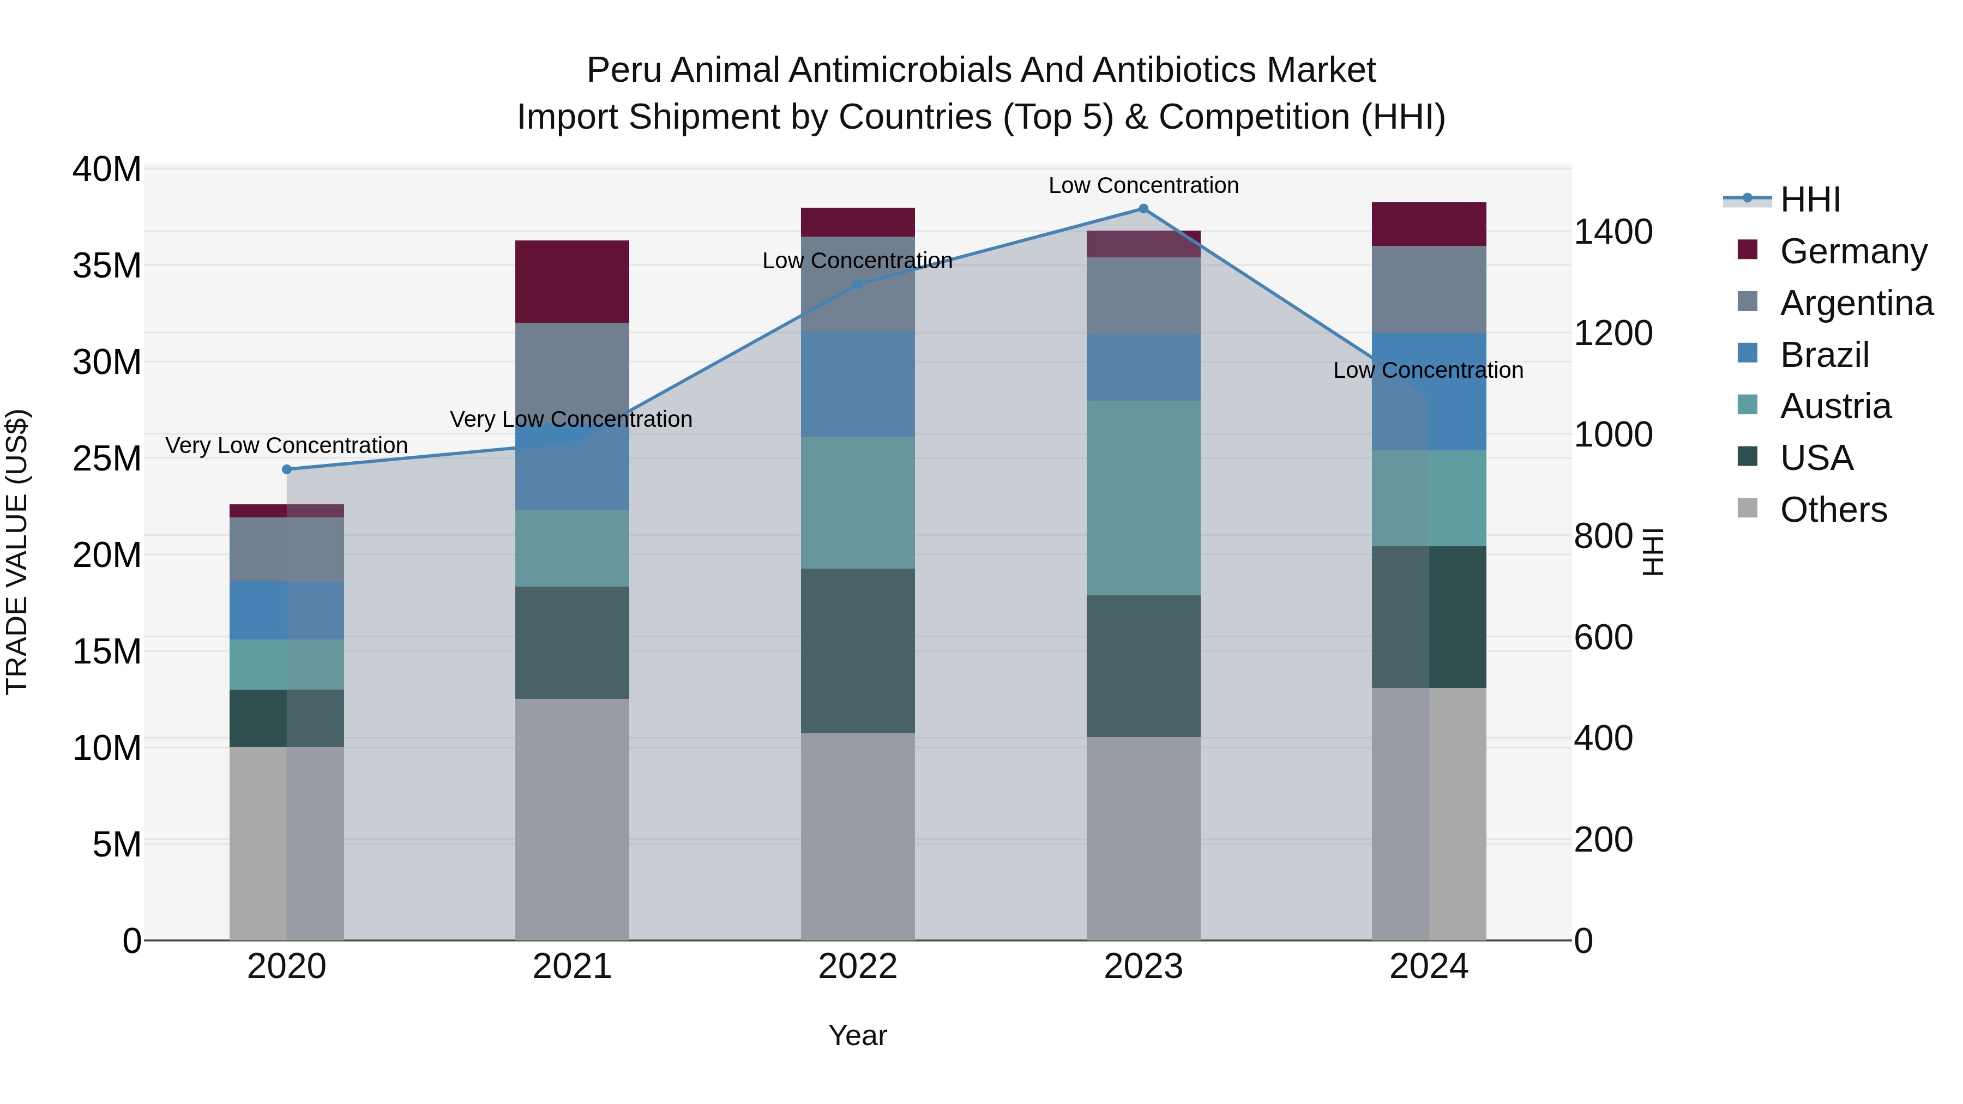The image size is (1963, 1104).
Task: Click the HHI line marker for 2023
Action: click(1143, 209)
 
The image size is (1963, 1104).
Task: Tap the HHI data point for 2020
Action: click(286, 469)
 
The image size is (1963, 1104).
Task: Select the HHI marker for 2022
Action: click(857, 284)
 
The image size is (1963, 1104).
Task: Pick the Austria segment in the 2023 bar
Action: click(1143, 498)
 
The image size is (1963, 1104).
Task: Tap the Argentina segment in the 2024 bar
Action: click(1429, 289)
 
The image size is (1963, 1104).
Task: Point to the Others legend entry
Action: click(1833, 510)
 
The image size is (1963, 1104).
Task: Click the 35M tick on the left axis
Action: click(107, 266)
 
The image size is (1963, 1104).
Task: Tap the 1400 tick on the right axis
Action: click(1613, 232)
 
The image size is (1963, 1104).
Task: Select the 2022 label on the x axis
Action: click(857, 967)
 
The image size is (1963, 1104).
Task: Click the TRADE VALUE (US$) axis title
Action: click(17, 552)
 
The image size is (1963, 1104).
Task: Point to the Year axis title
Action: click(857, 1035)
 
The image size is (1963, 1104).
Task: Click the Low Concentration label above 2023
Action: click(1143, 185)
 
